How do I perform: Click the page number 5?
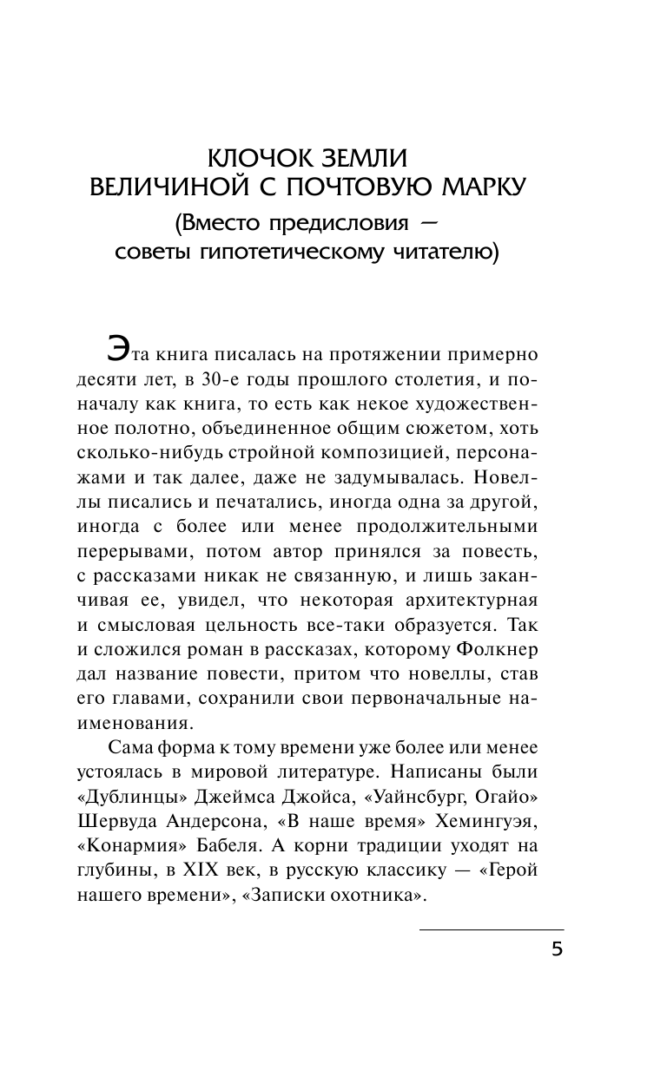[x=557, y=949]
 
